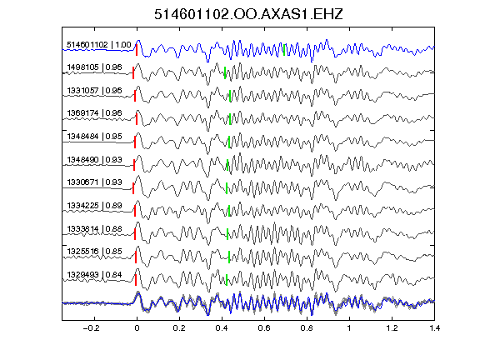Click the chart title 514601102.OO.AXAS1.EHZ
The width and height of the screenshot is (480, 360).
(248, 14)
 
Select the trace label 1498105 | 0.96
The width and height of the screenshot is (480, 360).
(95, 67)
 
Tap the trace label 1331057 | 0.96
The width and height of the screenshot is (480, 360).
(95, 90)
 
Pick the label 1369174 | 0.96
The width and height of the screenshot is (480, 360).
(95, 113)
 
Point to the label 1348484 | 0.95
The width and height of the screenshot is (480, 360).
(95, 136)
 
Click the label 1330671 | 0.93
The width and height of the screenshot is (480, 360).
(95, 182)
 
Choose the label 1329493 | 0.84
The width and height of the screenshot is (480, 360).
(95, 275)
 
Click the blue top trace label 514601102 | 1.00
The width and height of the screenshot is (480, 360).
(99, 45)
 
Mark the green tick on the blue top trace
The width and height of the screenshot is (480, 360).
(284, 50)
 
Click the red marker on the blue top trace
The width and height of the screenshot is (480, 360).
(137, 50)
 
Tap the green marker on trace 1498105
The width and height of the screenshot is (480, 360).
(225, 72)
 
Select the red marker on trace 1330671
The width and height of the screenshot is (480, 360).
(133, 188)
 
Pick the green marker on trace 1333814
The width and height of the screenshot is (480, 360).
(227, 234)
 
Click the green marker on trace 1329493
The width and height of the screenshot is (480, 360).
(227, 280)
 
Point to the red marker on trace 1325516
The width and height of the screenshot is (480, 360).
(136, 257)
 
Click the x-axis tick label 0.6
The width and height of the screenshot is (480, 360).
(264, 328)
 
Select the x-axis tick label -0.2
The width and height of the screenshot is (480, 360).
(91, 328)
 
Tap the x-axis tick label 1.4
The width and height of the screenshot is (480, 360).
(434, 328)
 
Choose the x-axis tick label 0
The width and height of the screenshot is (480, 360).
(137, 328)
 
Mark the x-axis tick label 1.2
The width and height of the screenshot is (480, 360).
(392, 328)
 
